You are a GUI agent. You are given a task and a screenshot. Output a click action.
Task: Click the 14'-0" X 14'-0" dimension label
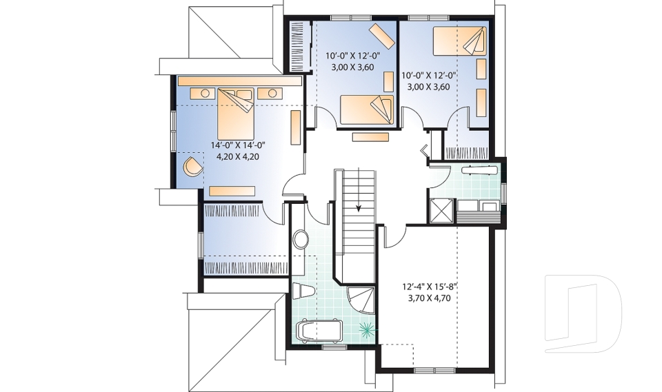[x=238, y=145]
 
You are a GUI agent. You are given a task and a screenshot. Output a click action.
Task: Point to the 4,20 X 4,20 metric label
[x=238, y=156]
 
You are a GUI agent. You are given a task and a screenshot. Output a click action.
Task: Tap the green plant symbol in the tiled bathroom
[x=368, y=329]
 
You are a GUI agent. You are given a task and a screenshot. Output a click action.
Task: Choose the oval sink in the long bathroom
[x=301, y=240]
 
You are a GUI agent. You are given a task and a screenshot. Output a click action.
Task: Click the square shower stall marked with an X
[x=441, y=210]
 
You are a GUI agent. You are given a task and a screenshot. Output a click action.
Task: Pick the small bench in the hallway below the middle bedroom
[x=371, y=137]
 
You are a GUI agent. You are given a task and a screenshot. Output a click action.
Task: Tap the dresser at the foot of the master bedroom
[x=232, y=190]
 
